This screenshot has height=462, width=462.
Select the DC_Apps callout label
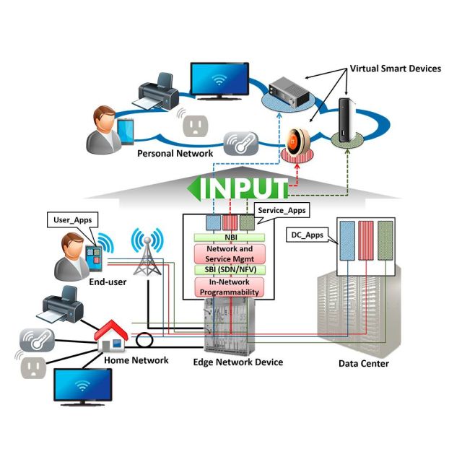tap(307, 235)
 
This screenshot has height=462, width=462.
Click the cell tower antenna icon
tap(147, 253)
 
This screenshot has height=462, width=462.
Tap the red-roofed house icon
tap(112, 336)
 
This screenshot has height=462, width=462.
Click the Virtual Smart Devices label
tap(395, 69)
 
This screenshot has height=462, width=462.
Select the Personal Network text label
tap(175, 154)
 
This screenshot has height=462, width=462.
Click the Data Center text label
tap(364, 363)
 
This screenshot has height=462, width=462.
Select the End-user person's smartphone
tap(94, 253)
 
